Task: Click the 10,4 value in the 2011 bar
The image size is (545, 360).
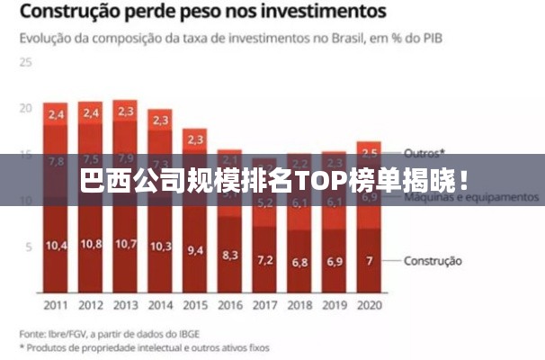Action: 56,245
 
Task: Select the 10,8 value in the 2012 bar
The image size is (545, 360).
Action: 91,244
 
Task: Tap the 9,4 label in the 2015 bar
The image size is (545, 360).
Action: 195,250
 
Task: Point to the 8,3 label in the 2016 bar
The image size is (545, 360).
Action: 230,255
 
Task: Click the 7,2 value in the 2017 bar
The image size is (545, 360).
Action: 265,260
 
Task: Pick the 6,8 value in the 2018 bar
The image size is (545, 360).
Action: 299,263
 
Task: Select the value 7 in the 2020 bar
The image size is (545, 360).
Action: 369,261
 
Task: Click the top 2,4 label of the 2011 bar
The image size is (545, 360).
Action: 56,114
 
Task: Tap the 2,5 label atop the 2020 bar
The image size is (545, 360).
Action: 369,153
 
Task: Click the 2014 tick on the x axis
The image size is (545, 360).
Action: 161,305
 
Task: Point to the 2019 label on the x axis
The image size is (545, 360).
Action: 335,305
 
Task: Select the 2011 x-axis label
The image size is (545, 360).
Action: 56,305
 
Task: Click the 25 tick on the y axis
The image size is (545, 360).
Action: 25,63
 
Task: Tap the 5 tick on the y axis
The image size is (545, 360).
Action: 29,247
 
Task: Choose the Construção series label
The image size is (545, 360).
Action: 433,261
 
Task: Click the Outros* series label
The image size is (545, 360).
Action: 424,152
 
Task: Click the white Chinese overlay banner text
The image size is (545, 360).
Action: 272,180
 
